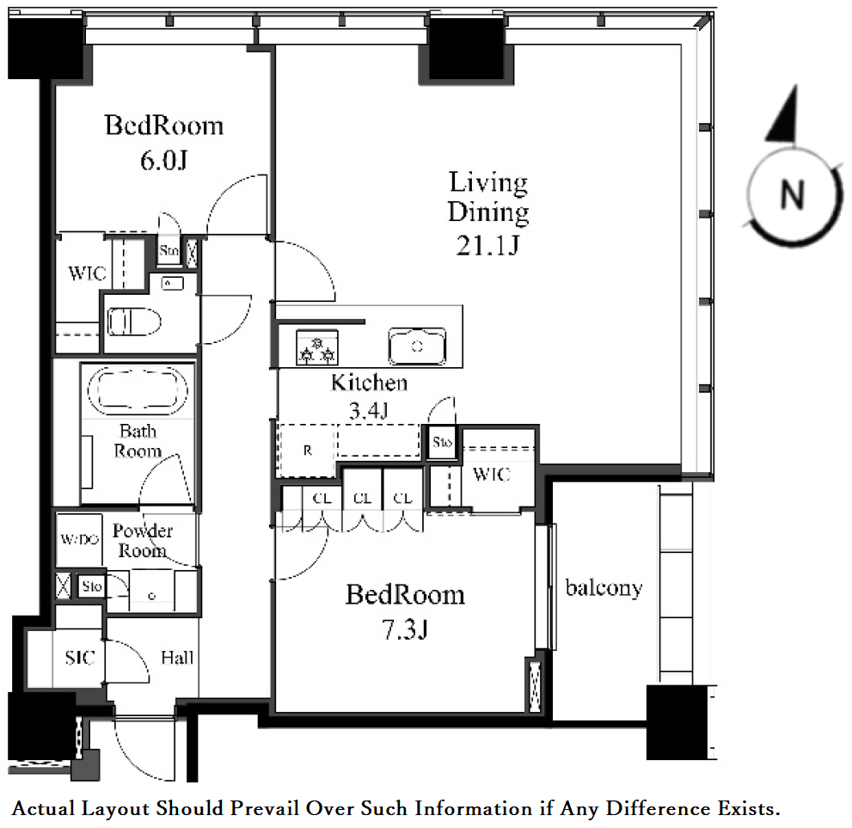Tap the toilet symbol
point(134,322)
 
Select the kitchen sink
point(417,346)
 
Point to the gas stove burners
point(317,347)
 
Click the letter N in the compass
point(792,194)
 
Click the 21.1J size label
point(487,246)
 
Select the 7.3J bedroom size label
point(405,629)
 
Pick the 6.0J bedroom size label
point(163,160)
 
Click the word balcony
point(604,588)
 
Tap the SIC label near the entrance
point(80,658)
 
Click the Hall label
point(177,658)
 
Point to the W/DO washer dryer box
point(79,539)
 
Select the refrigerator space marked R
point(307,451)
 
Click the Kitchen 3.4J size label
point(369,411)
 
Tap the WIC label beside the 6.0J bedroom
point(86,273)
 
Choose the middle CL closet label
point(362,498)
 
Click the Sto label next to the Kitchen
point(442,442)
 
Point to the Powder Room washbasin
point(151,592)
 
